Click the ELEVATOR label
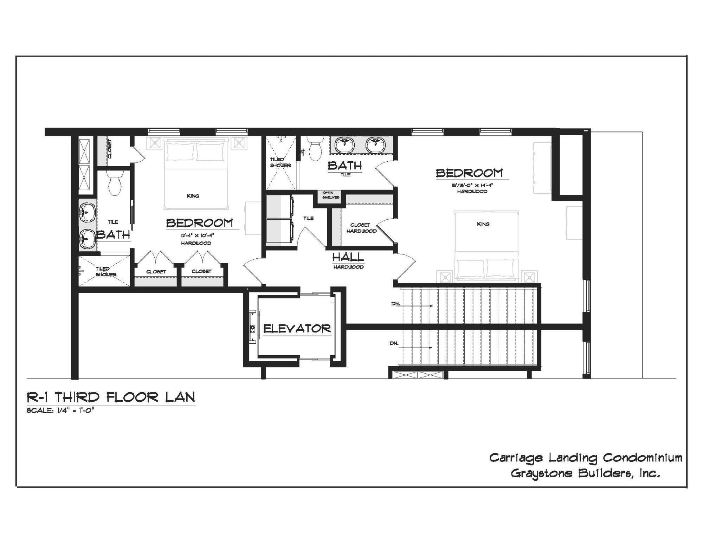coord(297,329)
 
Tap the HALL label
coord(348,258)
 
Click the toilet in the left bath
coord(115,183)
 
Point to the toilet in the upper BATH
coord(315,149)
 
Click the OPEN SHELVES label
coord(330,195)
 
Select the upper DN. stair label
coord(396,304)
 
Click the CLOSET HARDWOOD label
coord(361,228)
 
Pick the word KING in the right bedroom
coord(483,224)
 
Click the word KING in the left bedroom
coord(193,196)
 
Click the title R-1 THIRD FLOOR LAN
coord(111,397)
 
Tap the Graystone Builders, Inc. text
coord(585,473)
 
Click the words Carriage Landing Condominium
coord(586,458)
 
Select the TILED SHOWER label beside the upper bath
coord(280,162)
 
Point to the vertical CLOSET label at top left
coord(110,149)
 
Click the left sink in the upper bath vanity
coord(344,145)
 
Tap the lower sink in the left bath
coord(86,239)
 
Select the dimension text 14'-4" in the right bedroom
coord(485,186)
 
